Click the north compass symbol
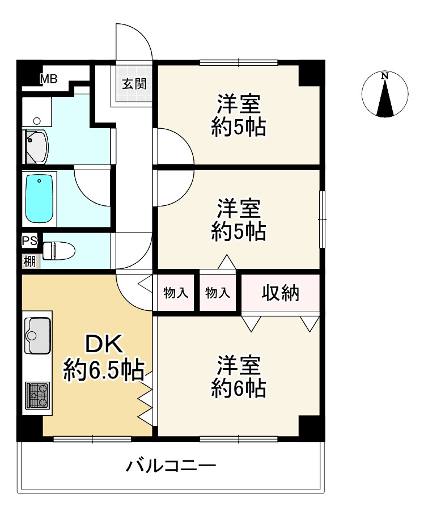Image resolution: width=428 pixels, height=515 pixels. point(385,95)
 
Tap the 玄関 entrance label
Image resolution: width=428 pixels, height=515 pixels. point(134,84)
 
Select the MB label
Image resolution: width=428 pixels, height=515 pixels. point(48,79)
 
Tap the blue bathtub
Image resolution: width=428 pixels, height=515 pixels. point(40,198)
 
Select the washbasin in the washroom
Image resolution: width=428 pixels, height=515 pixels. point(36,146)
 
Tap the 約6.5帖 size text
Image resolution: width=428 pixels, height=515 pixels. point(103,370)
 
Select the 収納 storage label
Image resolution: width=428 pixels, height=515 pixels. point(281,293)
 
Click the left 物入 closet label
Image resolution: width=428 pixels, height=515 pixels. point(176,293)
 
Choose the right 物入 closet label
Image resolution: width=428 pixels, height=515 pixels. point(217,293)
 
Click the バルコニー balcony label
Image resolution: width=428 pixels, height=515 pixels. point(171,467)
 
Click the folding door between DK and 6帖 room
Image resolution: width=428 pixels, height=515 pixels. point(146,399)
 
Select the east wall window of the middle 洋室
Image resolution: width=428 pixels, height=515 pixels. point(321,219)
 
